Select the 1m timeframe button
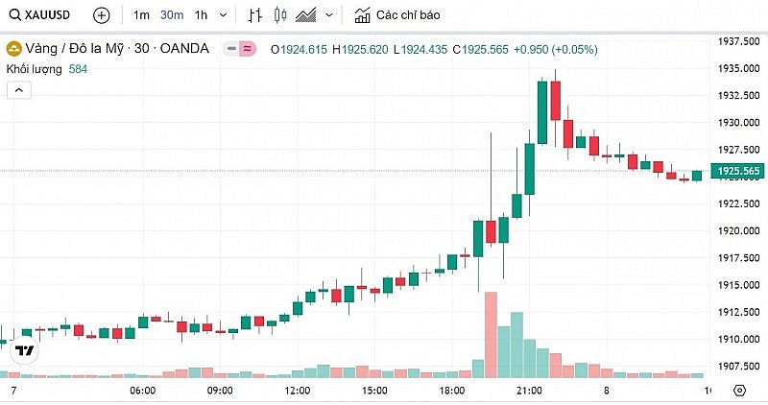[141, 15]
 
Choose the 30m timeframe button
[171, 15]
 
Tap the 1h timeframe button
[201, 15]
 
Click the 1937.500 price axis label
[738, 41]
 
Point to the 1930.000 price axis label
[738, 123]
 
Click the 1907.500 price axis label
[738, 366]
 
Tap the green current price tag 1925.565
[736, 172]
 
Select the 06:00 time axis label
[142, 391]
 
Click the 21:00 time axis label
[530, 391]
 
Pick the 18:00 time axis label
[452, 391]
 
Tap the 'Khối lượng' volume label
[35, 69]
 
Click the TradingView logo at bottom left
[25, 350]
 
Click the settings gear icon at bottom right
[739, 391]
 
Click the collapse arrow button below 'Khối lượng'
[19, 90]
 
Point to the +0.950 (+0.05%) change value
[555, 49]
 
